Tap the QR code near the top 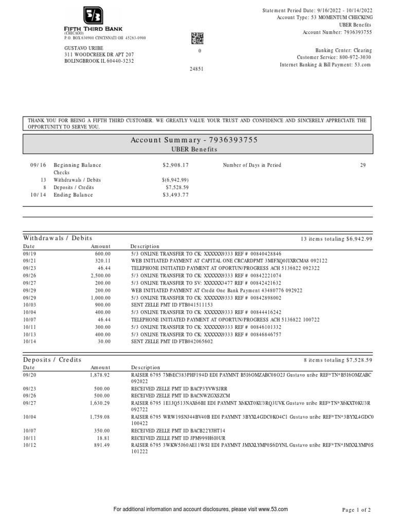(x=197, y=38)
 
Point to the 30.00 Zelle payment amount (x=103, y=341)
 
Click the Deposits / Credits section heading (x=52, y=360)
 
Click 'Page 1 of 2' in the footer (x=356, y=510)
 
